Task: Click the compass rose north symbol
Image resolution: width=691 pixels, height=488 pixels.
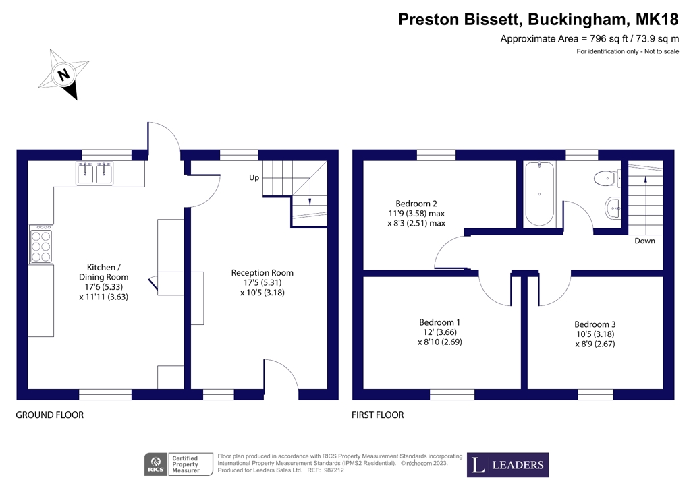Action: pos(64,74)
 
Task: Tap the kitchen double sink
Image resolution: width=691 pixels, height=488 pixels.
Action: pos(94,173)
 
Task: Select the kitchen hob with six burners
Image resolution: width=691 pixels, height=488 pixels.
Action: pos(41,245)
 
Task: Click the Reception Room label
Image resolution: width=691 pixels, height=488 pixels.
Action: pos(262,273)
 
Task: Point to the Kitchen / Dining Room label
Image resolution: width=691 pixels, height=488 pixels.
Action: pos(103,272)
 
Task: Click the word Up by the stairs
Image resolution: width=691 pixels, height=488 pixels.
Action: pos(254,178)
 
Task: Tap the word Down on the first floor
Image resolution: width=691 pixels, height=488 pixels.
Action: pos(644,241)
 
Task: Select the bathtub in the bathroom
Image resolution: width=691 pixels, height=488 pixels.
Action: pos(539,194)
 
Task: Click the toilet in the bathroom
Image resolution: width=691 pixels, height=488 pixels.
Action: pos(608,179)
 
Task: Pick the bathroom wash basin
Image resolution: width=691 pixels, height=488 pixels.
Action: pos(613,208)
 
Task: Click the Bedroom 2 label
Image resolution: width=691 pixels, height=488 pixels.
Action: pos(416,204)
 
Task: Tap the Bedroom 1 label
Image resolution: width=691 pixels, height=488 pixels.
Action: pos(440,322)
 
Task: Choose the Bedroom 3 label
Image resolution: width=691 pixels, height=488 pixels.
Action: pos(595,324)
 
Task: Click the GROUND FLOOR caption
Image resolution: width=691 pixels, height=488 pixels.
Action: pos(50,415)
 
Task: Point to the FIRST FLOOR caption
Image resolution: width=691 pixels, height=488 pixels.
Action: pos(378,415)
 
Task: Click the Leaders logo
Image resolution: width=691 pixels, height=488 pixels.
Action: pos(507,465)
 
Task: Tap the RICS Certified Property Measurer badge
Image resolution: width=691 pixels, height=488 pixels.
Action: pos(178,464)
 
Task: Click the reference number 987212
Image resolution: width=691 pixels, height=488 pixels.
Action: pos(333,470)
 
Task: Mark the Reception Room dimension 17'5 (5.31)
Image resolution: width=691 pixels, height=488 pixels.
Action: pos(262,282)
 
